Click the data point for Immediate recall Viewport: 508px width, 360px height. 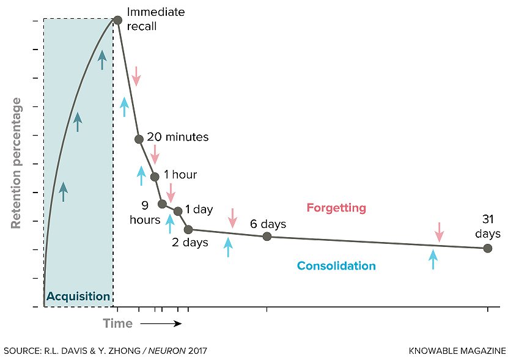coord(117,20)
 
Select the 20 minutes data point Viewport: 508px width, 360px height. coord(139,139)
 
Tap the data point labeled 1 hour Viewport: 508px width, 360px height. coord(155,177)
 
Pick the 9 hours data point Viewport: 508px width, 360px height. coord(162,204)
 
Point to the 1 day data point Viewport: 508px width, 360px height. coord(178,211)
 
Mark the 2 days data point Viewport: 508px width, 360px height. coord(188,229)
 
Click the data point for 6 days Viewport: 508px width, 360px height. coord(267,236)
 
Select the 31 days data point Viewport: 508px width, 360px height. coord(487,248)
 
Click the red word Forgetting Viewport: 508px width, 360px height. coord(336,208)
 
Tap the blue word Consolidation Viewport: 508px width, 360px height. coord(336,266)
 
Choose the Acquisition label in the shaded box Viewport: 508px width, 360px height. coord(78,297)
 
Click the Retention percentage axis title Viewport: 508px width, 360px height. coord(17,163)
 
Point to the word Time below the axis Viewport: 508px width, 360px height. coord(117,323)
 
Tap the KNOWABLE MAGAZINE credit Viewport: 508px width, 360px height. coord(457,351)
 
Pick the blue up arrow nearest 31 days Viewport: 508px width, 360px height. coord(433,259)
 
